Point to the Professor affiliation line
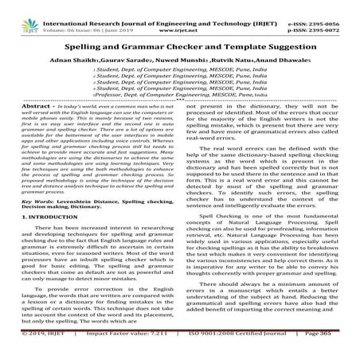(x=180, y=115)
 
